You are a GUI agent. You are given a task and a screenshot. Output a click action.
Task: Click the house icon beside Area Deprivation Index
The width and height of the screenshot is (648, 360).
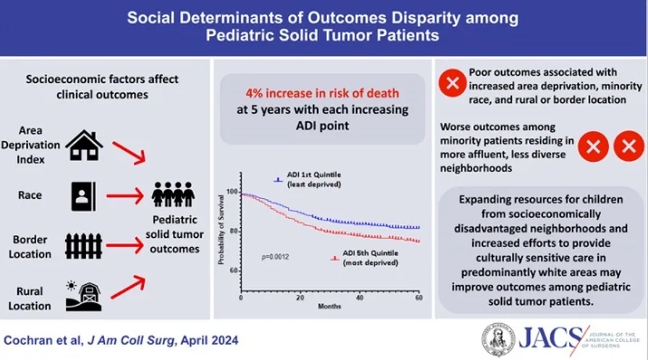85,145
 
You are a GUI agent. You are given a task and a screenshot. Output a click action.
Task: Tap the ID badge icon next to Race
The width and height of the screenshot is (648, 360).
83,197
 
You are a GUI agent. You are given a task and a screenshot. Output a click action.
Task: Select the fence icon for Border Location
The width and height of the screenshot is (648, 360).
83,246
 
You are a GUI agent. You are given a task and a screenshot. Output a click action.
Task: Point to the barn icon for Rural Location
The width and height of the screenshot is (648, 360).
84,296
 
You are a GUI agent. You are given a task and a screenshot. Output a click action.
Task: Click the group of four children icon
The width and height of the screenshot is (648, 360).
173,194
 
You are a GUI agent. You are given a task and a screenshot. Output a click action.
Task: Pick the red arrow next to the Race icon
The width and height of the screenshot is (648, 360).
125,196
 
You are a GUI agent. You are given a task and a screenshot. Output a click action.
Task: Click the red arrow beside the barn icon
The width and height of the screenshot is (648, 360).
129,286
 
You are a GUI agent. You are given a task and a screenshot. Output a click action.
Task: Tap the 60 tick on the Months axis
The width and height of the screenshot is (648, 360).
419,297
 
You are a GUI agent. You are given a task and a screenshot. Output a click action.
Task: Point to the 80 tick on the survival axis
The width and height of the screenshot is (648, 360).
234,231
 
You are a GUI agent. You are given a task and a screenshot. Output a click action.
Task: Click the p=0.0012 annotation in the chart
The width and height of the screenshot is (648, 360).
276,257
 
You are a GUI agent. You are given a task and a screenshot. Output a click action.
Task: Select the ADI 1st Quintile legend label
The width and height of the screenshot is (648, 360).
314,179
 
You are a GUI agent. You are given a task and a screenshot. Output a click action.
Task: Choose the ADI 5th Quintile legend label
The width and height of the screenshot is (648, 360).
370,258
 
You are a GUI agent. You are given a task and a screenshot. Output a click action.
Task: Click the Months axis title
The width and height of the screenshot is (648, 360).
329,307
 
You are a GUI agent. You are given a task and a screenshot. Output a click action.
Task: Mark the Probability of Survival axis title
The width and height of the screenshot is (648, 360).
221,230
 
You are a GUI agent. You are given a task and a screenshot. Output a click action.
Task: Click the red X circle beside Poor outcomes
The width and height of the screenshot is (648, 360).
453,83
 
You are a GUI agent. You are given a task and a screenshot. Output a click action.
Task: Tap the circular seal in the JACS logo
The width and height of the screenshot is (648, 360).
499,340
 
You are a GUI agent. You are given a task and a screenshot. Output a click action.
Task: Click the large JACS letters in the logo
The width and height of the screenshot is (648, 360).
551,338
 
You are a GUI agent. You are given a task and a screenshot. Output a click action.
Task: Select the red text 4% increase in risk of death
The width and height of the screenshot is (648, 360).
323,93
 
